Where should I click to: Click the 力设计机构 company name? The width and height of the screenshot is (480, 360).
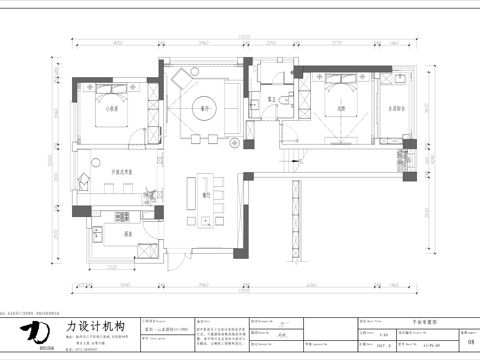coord(95,326)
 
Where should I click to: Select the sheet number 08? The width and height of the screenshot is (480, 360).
coord(470,340)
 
